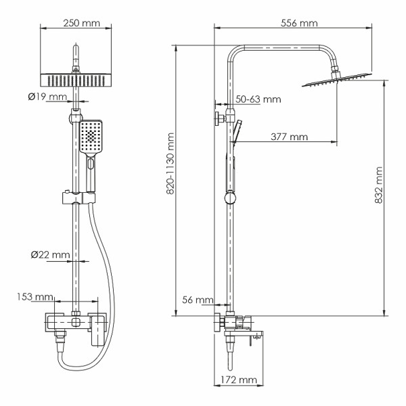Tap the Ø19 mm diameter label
[47, 97]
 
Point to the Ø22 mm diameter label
[50, 254]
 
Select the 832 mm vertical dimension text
[380, 185]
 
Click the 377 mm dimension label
[289, 137]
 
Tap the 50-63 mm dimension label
[258, 99]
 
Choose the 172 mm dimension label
[238, 380]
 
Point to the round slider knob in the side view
[231, 199]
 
